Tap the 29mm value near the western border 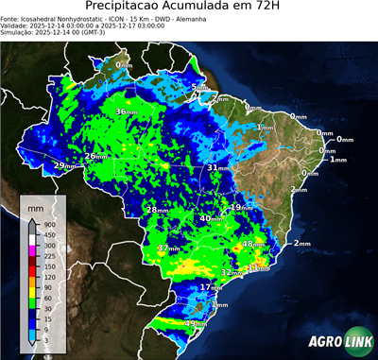coord(63,166)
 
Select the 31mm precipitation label coord(218,167)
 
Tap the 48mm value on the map coord(254,245)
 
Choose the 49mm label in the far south coord(195,324)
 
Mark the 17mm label coord(211,287)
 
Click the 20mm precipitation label coord(96,157)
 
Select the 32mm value coord(231,272)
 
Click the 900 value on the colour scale coord(48,224)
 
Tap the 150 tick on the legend coord(48,266)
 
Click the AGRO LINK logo coord(335,341)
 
